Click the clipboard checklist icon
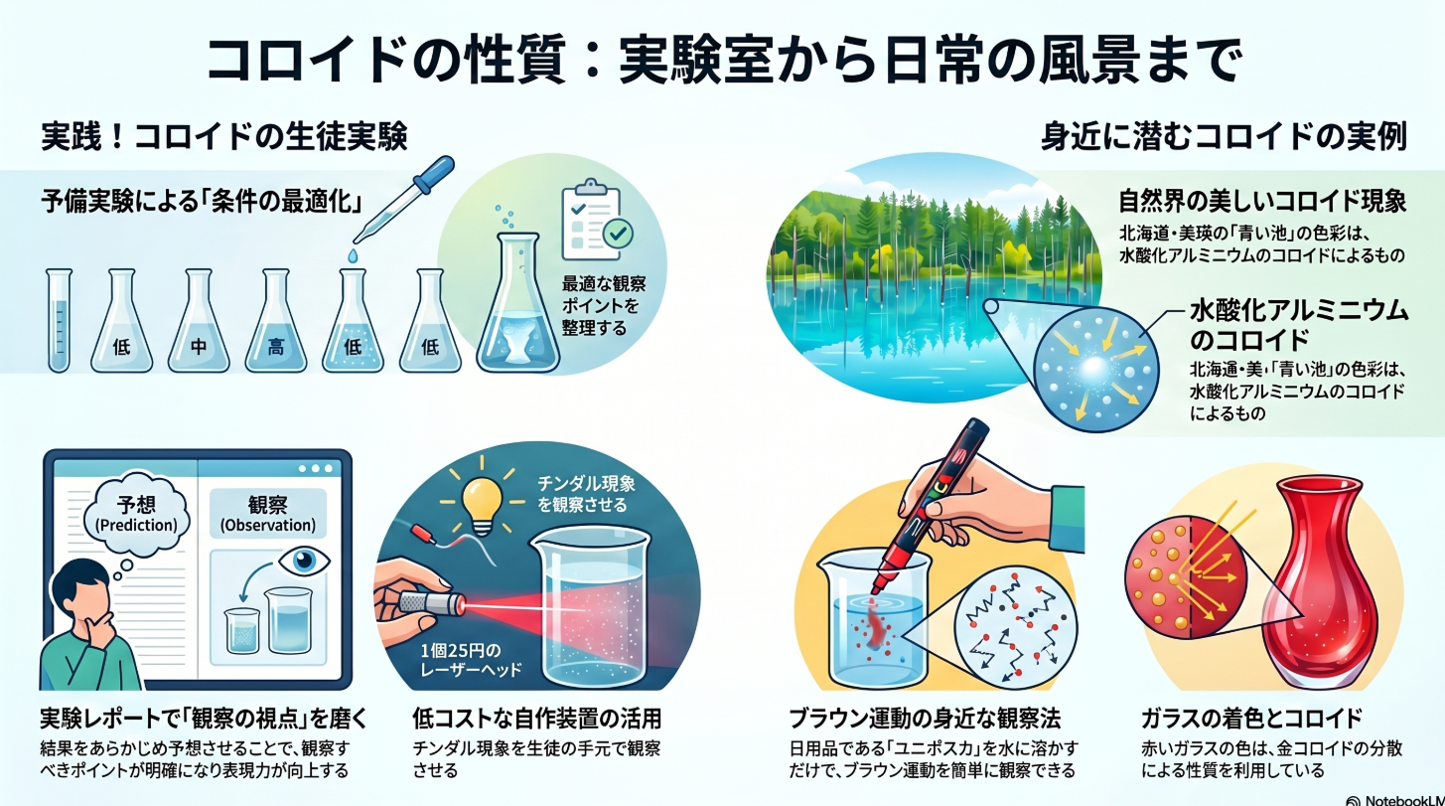[595, 221]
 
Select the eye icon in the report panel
[304, 561]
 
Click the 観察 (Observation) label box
[268, 514]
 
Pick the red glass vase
[1320, 580]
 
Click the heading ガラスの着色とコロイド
[1250, 719]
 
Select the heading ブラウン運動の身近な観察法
[925, 719]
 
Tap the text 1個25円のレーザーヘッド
[471, 660]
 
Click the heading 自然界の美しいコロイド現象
[1262, 202]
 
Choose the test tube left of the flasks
[59, 321]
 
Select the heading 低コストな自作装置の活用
[536, 719]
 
